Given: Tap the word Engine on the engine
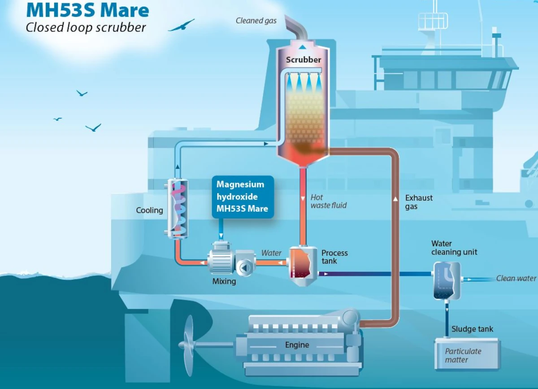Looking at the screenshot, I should tap(297, 345).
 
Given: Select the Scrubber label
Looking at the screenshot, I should tap(304, 60).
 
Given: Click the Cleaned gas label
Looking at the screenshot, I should tap(256, 21).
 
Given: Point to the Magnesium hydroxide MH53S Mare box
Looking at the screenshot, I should tap(242, 197).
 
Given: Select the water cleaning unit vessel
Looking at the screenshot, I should tap(447, 281).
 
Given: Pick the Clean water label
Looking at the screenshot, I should tap(516, 279).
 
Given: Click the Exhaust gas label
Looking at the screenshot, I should tap(419, 202).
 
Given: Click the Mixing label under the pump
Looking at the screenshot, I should tap(224, 281).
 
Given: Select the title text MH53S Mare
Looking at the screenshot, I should tap(87, 10).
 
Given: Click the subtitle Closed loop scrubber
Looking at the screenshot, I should tap(86, 27).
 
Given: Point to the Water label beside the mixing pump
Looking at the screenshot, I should tap(271, 253).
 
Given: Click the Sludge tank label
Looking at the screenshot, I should tap(472, 329).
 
